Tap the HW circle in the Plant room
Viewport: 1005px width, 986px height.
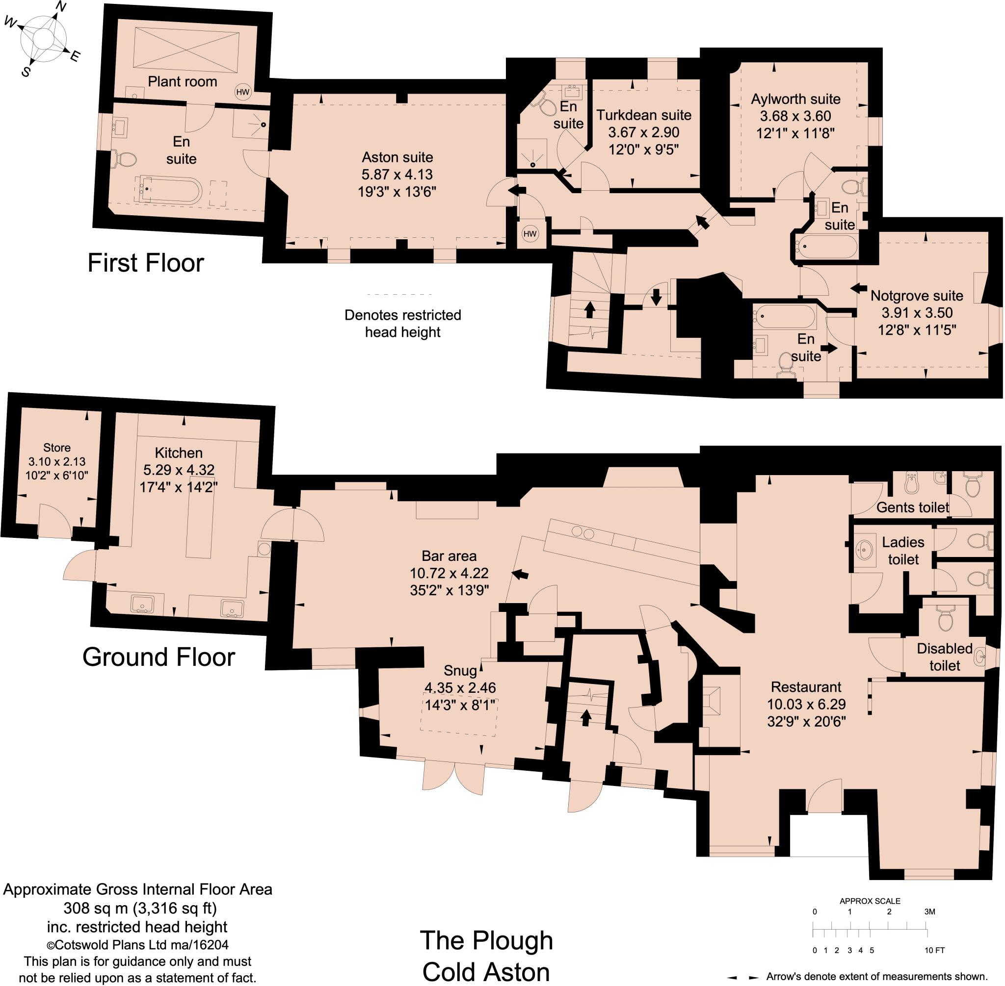click(242, 93)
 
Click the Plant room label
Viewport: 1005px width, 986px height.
click(182, 81)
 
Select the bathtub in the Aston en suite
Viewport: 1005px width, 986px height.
click(168, 190)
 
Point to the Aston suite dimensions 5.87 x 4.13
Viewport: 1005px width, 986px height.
click(397, 175)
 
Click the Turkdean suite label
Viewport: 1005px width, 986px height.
click(643, 115)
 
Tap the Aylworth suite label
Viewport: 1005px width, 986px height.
click(795, 99)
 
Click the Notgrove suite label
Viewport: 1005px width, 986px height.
click(916, 296)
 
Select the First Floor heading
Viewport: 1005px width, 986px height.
click(146, 263)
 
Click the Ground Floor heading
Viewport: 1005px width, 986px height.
click(159, 657)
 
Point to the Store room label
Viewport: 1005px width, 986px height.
click(57, 448)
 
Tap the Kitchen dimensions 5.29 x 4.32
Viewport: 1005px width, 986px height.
click(178, 470)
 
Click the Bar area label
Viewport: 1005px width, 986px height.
click(449, 556)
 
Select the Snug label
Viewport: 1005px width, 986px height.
click(460, 671)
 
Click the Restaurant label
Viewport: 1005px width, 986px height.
click(806, 687)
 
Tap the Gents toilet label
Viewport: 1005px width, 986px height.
click(912, 507)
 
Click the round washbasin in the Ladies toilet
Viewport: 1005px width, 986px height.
click(864, 548)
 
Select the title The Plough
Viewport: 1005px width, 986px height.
click(486, 940)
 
